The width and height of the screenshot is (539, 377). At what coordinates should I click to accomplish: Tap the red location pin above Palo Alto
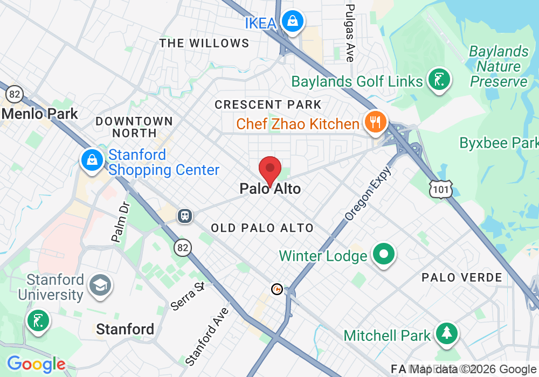[x=270, y=170]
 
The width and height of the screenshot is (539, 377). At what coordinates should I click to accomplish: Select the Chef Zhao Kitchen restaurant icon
[x=373, y=122]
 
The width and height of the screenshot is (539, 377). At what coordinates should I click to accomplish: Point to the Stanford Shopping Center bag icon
[x=92, y=160]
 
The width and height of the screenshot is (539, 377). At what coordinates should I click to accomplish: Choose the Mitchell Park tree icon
[x=446, y=333]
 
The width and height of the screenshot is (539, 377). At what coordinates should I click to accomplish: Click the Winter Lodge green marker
[x=383, y=254]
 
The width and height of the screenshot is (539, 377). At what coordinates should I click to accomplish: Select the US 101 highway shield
[x=439, y=188]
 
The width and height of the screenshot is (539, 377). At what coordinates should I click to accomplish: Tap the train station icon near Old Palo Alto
[x=185, y=216]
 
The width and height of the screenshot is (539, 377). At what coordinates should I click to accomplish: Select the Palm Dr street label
[x=120, y=221]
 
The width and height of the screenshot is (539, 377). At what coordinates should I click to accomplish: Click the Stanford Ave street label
[x=207, y=336]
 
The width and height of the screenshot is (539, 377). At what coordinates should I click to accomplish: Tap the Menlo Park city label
[x=40, y=114]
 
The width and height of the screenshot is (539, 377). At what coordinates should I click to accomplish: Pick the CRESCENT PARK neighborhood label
[x=268, y=104]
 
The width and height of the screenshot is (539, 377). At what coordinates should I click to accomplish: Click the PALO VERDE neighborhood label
[x=462, y=277]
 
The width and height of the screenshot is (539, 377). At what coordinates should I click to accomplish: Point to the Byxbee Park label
[x=499, y=143]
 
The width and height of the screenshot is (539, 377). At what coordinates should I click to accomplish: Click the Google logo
[x=36, y=365]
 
